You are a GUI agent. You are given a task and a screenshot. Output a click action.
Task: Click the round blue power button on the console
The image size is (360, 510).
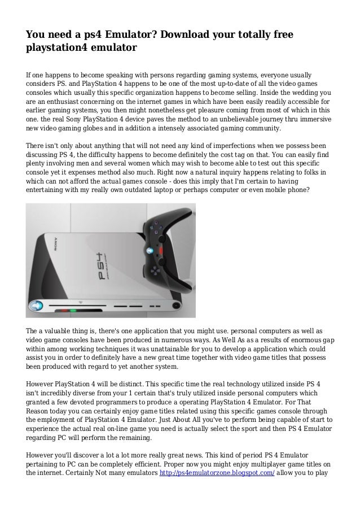(36, 306)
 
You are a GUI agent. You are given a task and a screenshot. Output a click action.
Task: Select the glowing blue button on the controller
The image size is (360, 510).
(150, 251)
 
